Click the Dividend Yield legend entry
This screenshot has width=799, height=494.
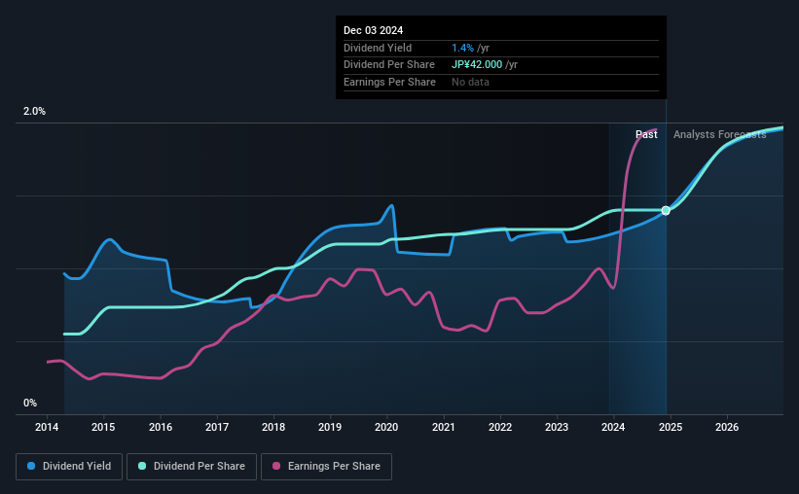70,467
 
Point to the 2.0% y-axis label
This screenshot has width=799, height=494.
34,112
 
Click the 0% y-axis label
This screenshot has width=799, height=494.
30,403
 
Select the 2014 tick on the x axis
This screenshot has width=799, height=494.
47,427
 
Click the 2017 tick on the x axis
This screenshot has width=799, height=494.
217,427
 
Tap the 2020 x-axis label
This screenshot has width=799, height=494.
386,427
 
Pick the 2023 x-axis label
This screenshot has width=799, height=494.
556,427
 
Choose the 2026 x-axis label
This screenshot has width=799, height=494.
726,427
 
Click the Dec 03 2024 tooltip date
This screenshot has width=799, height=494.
373,30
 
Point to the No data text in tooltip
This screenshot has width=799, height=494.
470,83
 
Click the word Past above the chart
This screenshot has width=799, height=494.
646,135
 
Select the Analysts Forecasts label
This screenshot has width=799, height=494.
719,135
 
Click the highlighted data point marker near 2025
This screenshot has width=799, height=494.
666,210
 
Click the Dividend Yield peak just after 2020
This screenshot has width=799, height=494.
391,205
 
